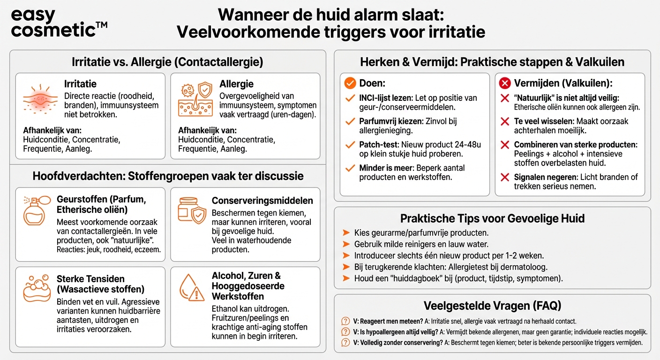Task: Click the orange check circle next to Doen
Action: (350, 83)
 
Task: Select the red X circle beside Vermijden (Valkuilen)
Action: (505, 83)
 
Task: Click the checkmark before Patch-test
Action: (350, 145)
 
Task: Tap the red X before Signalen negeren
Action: (505, 177)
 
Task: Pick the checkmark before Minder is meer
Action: (350, 168)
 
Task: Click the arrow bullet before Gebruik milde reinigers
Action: (346, 244)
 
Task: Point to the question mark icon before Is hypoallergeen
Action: (346, 332)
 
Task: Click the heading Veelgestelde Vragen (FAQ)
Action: (492, 306)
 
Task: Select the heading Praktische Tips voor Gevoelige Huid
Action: (492, 218)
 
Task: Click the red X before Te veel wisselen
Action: (505, 121)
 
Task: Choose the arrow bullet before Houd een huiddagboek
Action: (346, 278)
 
